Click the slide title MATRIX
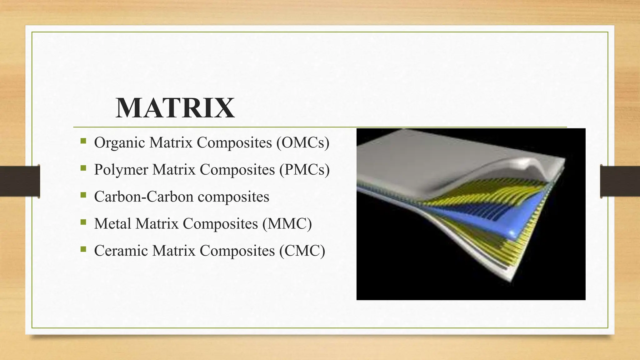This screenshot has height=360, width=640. [x=175, y=108]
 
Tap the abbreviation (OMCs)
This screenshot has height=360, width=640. [x=303, y=143]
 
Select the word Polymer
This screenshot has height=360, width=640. [x=121, y=170]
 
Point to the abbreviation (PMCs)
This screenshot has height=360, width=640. [x=304, y=170]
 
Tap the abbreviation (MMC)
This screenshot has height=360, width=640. [x=287, y=223]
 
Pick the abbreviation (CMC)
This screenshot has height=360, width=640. [x=302, y=250]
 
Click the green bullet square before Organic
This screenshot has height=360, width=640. [x=83, y=141]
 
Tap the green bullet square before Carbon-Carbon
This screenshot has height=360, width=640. [x=83, y=195]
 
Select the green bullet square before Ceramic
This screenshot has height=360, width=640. [x=83, y=249]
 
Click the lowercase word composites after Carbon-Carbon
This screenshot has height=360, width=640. [x=233, y=197]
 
